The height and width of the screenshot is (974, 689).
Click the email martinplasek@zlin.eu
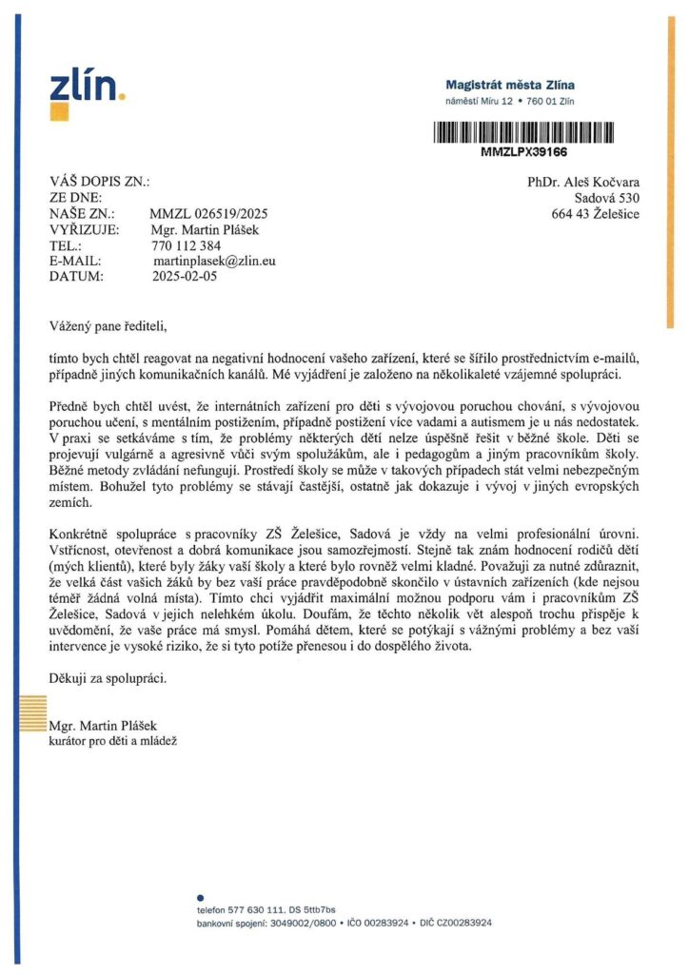pos(214,261)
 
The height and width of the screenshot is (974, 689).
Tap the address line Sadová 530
pos(607,198)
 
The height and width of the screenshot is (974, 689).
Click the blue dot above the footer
pos(200,897)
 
